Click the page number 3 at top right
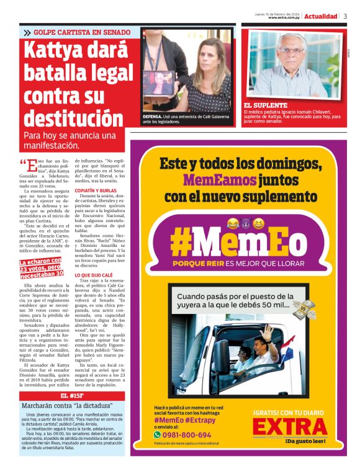(345, 16)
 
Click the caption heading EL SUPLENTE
(266, 106)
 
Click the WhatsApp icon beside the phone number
(158, 435)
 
